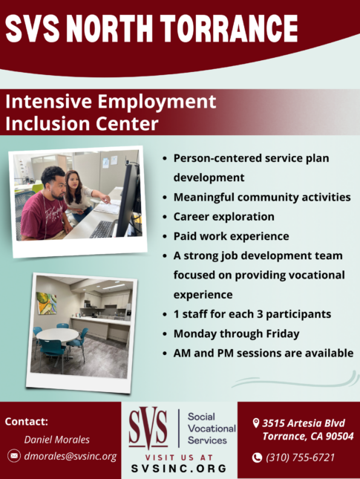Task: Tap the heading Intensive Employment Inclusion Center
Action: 111,112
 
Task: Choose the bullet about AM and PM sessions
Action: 264,353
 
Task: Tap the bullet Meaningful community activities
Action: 262,198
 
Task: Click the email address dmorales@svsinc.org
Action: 71,456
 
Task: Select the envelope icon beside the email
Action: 14,456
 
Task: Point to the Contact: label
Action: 27,421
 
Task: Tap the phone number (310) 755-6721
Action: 301,457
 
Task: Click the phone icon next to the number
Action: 257,457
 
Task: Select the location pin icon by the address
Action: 256,423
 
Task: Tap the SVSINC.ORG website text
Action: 180,469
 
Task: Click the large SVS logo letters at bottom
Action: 148,429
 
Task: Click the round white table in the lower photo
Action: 57,335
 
